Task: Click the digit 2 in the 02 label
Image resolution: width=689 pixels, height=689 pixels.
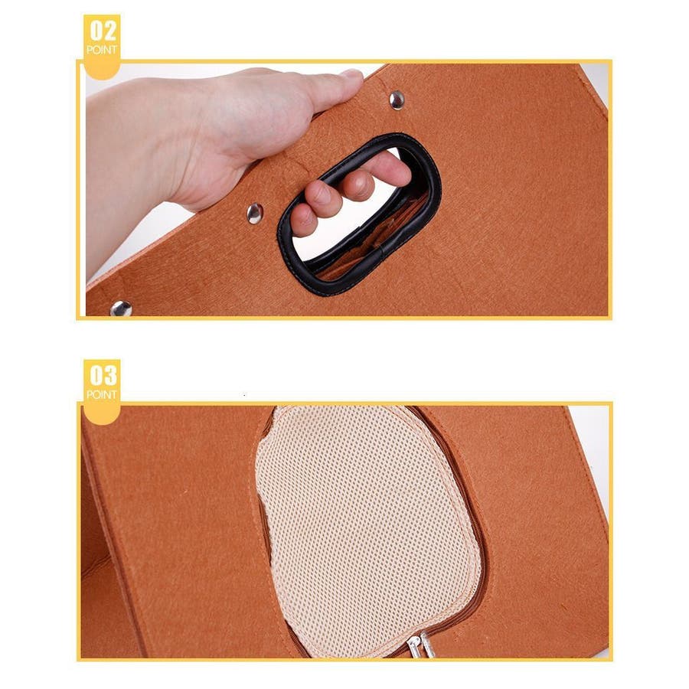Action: click(x=109, y=31)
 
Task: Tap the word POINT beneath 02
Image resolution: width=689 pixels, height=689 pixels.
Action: click(x=102, y=50)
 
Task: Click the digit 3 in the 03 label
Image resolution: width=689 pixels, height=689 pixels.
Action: click(x=109, y=376)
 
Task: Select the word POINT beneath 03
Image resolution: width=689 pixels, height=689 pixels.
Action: click(x=102, y=394)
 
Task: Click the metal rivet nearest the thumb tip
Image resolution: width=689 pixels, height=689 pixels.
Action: click(x=397, y=100)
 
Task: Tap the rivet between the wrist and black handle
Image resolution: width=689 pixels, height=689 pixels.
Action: click(x=255, y=214)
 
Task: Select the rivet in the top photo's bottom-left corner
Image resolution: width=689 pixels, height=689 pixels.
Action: click(x=121, y=309)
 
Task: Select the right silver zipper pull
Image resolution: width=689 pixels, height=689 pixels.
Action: click(x=427, y=646)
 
